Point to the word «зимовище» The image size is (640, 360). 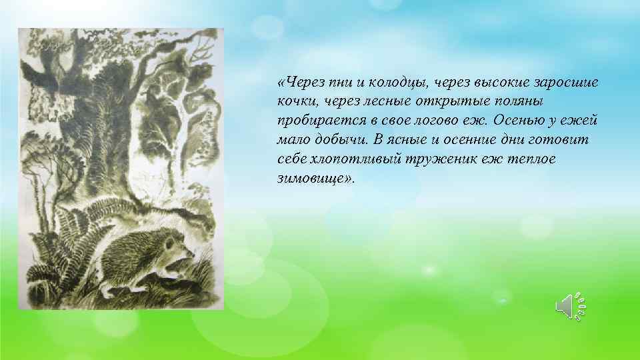313,179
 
